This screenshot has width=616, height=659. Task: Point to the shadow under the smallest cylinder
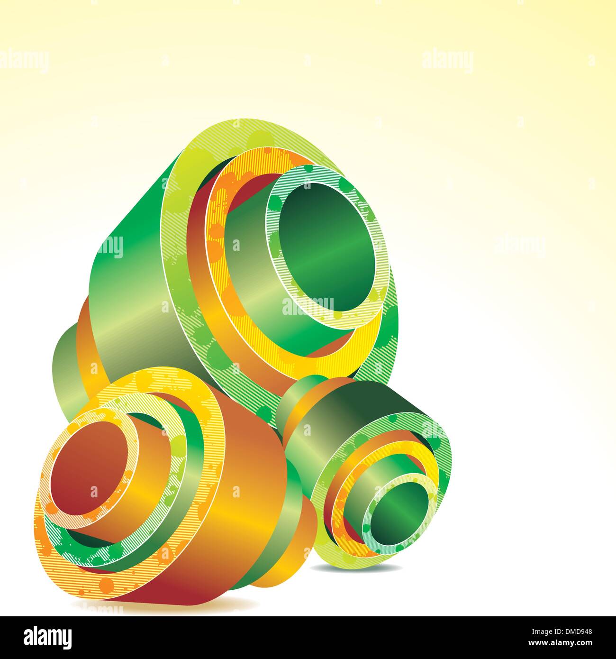pyautogui.click(x=360, y=568)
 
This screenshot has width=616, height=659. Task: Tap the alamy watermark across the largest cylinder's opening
pyautogui.click(x=308, y=306)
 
